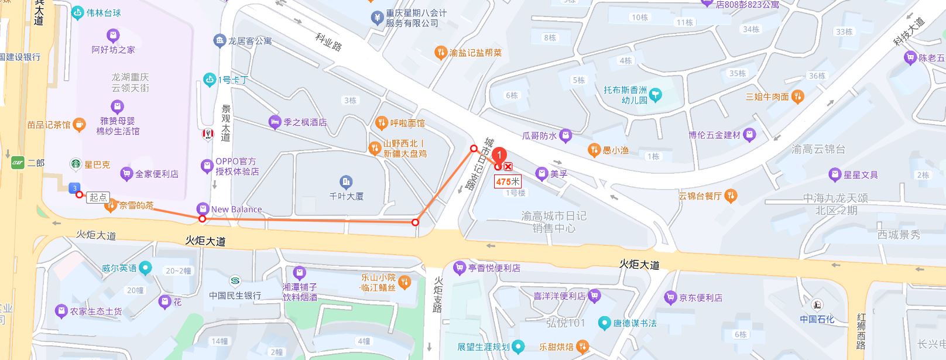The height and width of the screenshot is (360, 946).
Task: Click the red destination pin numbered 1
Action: point(499,156)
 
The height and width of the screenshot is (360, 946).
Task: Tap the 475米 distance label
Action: point(508,181)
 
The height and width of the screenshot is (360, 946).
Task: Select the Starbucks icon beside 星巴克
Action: point(76,164)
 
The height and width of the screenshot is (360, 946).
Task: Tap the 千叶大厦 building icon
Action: point(346,181)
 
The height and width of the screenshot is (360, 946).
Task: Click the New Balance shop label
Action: point(236,209)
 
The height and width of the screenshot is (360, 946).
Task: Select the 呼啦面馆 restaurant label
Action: point(407,123)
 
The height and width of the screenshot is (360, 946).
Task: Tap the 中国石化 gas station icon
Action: point(816,304)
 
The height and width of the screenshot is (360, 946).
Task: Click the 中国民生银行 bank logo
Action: point(235,280)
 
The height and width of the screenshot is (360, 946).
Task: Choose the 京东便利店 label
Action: point(700,298)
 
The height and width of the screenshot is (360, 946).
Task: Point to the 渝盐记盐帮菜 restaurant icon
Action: point(441,53)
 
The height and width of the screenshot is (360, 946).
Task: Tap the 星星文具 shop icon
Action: point(835,174)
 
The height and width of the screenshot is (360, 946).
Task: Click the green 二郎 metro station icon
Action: point(18,163)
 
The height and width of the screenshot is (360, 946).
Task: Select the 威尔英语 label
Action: point(119,268)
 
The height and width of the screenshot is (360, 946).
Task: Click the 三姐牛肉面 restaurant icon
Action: point(797,97)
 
